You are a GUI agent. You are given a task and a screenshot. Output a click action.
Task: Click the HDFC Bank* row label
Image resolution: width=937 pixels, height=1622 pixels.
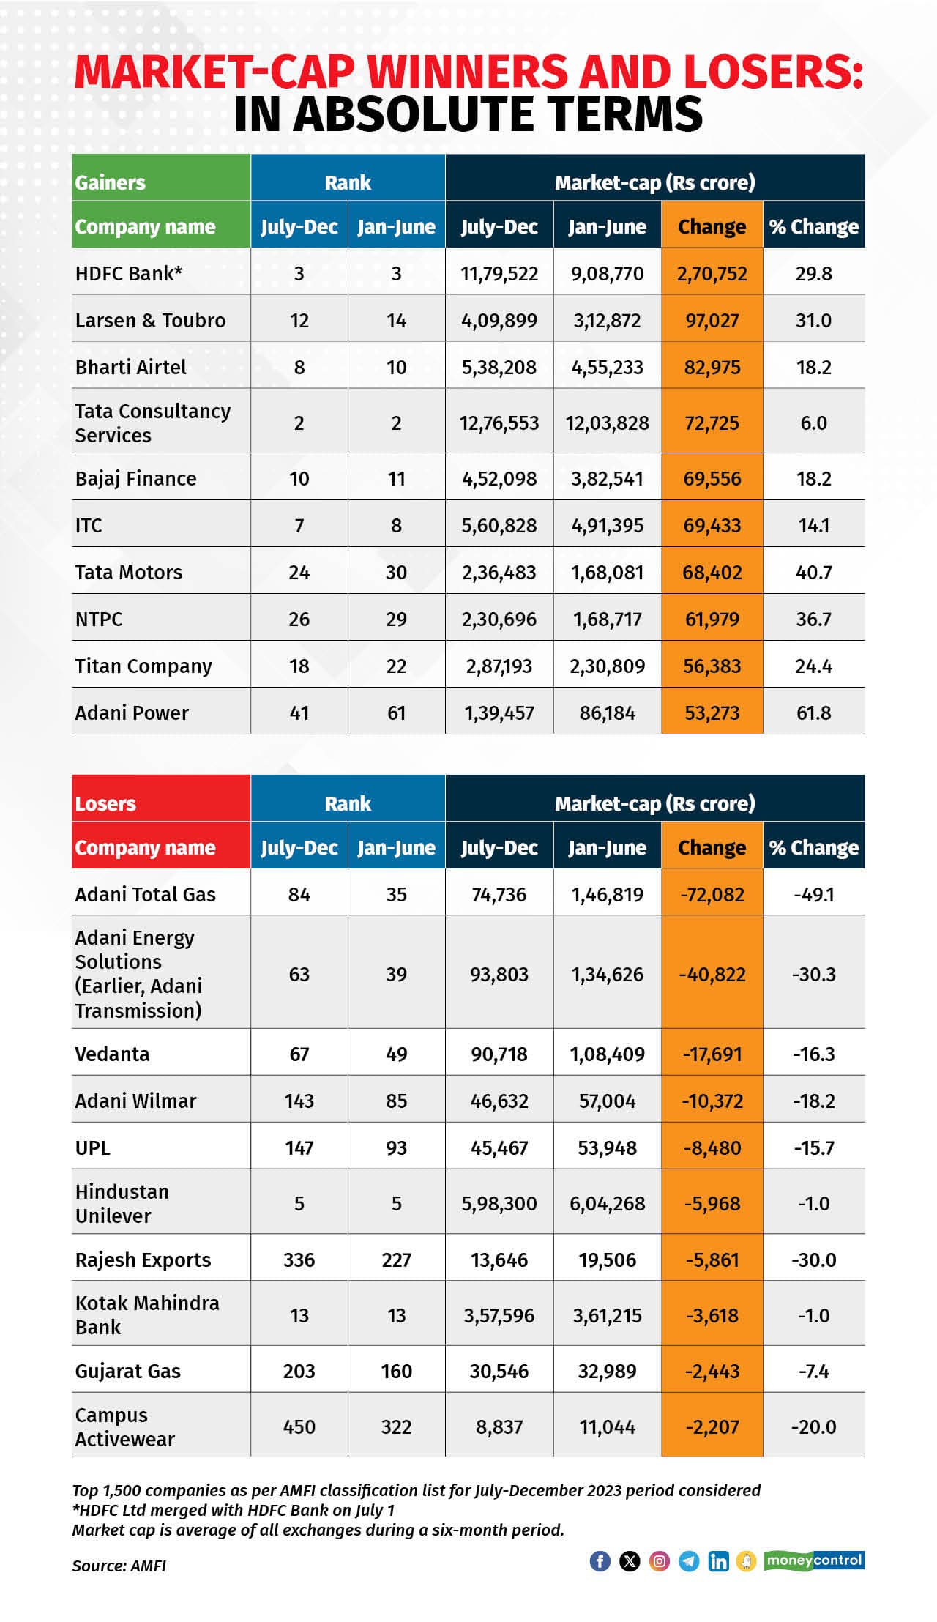[x=129, y=273]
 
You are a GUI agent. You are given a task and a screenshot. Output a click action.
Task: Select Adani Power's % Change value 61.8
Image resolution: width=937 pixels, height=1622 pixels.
[x=813, y=713]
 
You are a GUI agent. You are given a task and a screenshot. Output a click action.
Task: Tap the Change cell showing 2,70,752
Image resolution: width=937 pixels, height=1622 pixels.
[x=712, y=273]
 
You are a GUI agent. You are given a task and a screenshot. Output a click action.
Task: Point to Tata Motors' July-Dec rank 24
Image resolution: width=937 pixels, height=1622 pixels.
[x=299, y=572]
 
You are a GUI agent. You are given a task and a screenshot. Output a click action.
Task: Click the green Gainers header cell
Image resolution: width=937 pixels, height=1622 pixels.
[x=161, y=178]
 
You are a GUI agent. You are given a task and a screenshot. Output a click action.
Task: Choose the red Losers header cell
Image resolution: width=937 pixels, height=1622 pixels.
[x=161, y=799]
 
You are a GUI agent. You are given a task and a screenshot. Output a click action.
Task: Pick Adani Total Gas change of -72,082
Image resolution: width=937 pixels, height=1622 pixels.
[x=712, y=894]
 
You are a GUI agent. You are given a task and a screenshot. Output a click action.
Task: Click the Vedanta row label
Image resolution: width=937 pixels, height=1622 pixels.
[x=112, y=1054]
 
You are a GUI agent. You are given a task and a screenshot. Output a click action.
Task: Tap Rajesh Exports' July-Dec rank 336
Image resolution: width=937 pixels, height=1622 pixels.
[x=299, y=1260]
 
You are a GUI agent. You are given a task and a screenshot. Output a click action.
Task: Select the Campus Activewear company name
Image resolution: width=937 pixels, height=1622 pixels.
[x=124, y=1426]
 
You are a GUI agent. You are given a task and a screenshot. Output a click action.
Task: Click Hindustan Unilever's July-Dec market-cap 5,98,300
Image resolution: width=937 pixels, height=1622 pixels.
[x=499, y=1203]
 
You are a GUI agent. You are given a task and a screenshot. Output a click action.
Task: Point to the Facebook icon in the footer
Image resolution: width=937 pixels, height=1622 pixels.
[x=600, y=1560]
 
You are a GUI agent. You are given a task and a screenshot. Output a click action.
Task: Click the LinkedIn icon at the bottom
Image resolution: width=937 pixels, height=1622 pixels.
[x=718, y=1560]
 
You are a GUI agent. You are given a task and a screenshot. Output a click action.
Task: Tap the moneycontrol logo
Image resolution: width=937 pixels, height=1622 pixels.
[x=814, y=1560]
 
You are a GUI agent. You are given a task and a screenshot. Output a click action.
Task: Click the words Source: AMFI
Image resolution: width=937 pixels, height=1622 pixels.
[x=119, y=1566]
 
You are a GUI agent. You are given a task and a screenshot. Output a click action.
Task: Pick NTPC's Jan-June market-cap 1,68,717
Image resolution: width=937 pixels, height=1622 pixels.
[x=607, y=619]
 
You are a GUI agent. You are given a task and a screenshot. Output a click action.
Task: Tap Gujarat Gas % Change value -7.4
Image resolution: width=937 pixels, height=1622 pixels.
[x=813, y=1371]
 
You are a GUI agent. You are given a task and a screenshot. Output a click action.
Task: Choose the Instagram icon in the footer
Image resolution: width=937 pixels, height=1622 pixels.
[x=659, y=1560]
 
